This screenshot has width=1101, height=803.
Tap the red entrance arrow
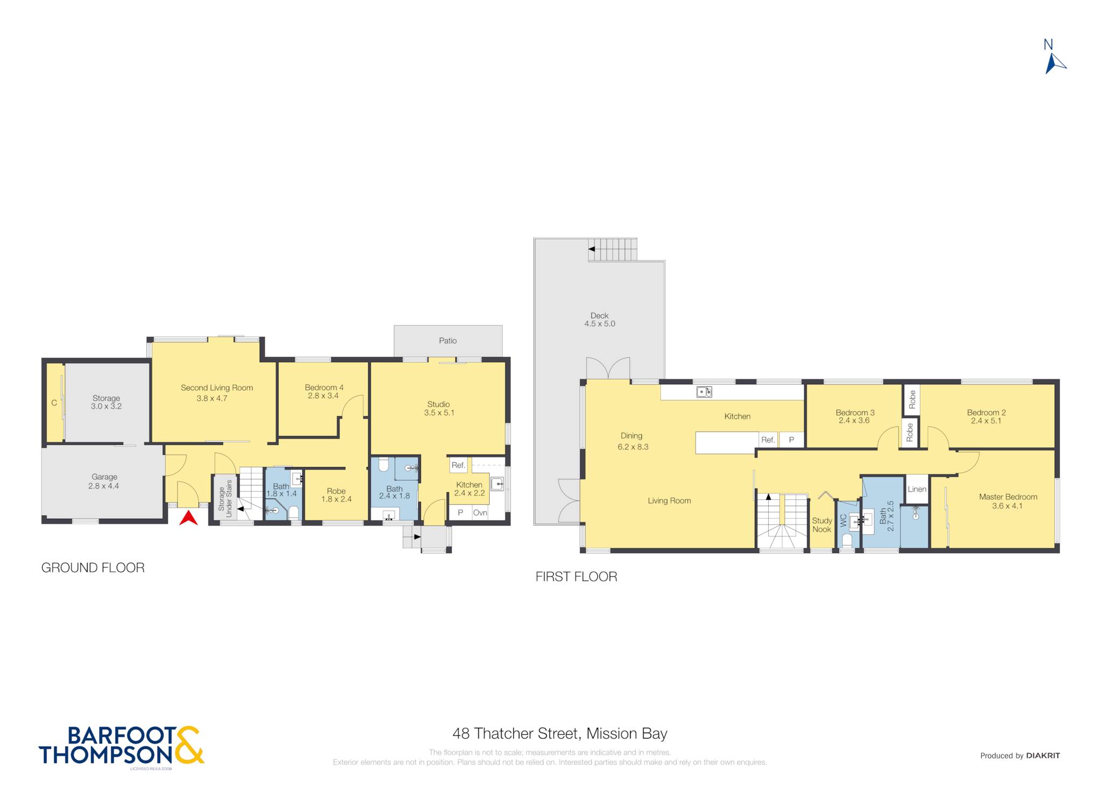point(188,518)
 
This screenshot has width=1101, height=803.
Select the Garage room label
point(104,481)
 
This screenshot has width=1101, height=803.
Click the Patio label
point(448,341)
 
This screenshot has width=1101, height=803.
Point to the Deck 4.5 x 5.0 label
point(599,320)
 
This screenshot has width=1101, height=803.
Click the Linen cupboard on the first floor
point(917,489)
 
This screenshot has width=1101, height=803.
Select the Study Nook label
point(821,525)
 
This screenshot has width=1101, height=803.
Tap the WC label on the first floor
point(843,520)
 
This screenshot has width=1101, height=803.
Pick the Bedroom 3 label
point(855,417)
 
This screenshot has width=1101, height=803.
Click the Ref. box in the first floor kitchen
point(768,440)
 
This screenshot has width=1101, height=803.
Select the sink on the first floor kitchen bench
point(704,392)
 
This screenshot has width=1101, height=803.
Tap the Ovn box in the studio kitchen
point(480,513)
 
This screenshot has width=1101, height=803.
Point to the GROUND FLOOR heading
point(93,568)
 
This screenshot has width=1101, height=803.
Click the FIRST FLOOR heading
point(576,577)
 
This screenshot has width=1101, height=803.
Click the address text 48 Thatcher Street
point(516,734)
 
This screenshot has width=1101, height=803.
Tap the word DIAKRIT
point(1043,756)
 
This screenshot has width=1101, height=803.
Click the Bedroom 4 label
point(324,391)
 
